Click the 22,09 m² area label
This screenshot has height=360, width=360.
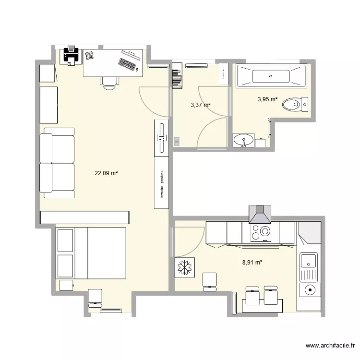click(106, 174)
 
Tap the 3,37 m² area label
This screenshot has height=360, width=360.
click(200, 105)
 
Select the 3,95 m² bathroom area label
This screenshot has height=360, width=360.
click(267, 99)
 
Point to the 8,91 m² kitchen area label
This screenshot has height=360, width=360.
click(252, 262)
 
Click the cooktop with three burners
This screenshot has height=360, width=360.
click(260, 233)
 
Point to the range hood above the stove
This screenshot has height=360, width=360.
click(260, 215)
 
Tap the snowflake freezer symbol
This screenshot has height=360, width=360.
click(184, 267)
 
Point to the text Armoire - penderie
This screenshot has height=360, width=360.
click(162, 185)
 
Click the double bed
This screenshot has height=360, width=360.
click(91, 253)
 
